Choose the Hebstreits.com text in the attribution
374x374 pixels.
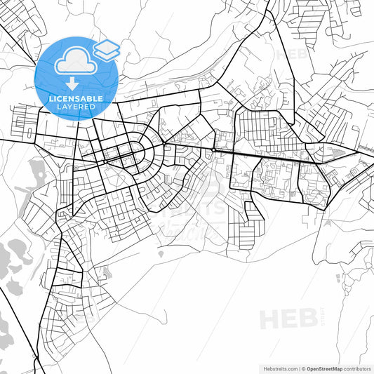click(278, 368)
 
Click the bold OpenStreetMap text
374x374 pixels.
click(323, 368)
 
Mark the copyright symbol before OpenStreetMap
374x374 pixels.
click(303, 368)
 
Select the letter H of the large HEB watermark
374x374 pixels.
click(269, 319)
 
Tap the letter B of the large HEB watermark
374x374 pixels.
click(307, 319)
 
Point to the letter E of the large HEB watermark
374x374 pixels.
click(288, 319)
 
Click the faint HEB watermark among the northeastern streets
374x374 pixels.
click(290, 54)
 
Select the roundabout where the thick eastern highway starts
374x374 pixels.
click(213, 149)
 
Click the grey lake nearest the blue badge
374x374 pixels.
click(37, 169)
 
